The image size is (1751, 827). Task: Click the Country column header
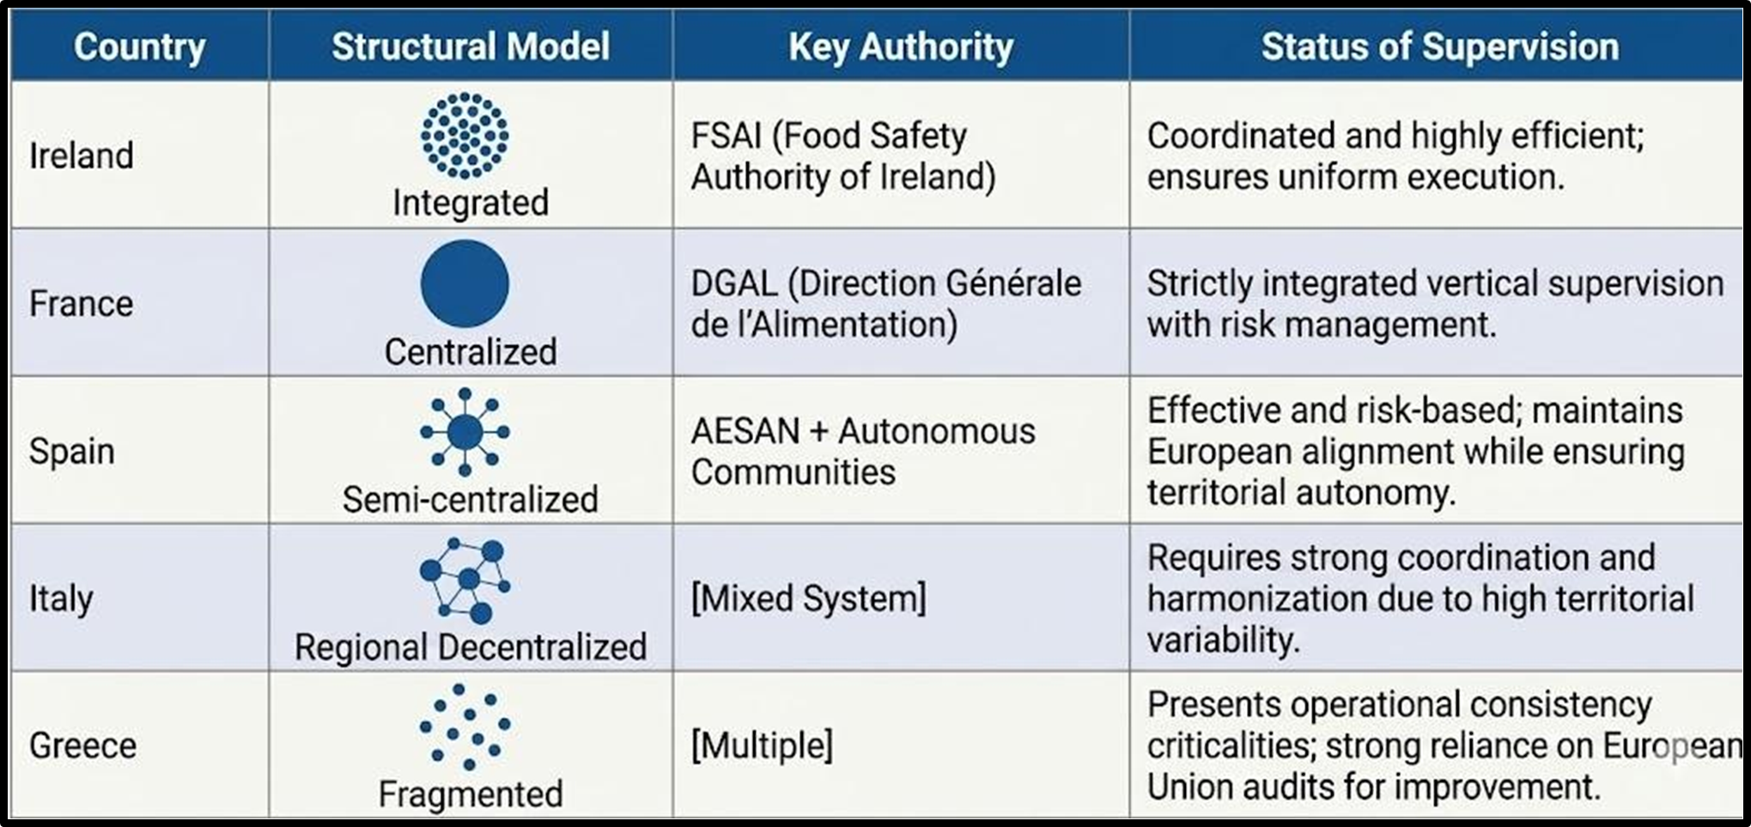coord(139,46)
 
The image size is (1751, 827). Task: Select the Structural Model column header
coord(471,46)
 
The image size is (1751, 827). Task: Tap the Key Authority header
coord(901,46)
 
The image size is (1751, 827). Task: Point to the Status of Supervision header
coord(1440,46)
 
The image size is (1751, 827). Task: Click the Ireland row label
coord(82,156)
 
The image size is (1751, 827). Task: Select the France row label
coord(82,304)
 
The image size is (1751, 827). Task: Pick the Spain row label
coord(72,452)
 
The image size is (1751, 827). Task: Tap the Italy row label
coord(61,599)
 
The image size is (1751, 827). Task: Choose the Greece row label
coord(82,745)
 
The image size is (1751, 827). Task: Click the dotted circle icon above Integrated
coord(465,136)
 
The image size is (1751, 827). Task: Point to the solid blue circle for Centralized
coord(465,283)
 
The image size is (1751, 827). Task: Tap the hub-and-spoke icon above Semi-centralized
coord(465,432)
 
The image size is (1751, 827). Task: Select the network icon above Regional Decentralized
coord(465,580)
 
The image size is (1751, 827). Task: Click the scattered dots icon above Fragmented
coord(465,727)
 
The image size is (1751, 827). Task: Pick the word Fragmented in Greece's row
coord(471,794)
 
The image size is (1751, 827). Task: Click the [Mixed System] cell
coord(809,599)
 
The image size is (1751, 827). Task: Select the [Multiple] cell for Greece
coord(762,745)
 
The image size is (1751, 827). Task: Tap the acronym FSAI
coord(727,136)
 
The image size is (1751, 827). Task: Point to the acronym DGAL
coord(734,283)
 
